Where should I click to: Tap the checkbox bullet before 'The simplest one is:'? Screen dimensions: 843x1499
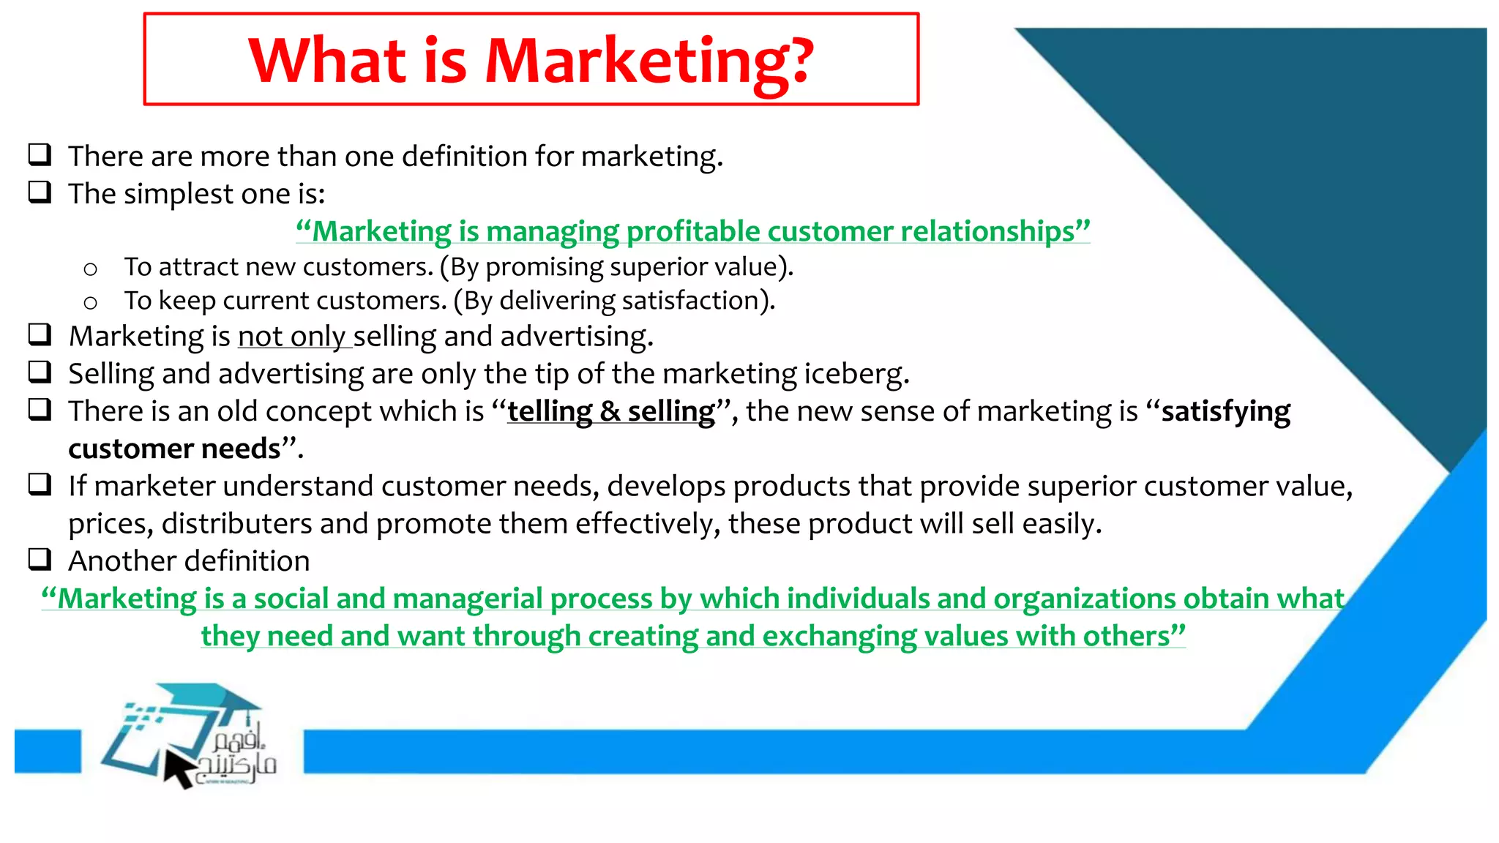coord(40,192)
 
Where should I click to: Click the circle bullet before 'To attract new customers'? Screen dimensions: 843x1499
coord(90,269)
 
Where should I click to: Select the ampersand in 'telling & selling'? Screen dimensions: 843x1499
coord(609,411)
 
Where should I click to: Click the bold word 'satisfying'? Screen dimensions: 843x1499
coord(1226,412)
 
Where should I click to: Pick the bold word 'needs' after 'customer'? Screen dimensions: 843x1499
coord(241,449)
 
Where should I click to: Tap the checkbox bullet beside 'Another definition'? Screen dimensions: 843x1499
coord(40,560)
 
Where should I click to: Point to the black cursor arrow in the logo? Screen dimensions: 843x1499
coord(178,769)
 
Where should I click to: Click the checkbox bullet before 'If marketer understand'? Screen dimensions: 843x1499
coord(40,484)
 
